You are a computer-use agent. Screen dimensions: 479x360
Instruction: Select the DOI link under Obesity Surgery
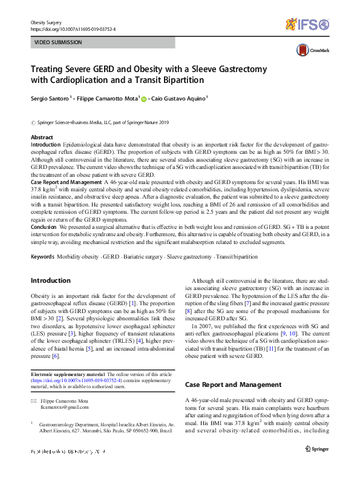[x=73, y=28]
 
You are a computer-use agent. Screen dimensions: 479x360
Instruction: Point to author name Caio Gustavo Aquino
[x=177, y=97]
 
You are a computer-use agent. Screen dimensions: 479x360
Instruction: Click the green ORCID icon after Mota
[x=144, y=97]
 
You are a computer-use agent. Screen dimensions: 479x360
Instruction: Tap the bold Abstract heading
[x=42, y=137]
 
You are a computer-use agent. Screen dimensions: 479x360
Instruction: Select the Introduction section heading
[x=50, y=280]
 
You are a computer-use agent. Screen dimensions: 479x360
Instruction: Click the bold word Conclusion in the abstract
[x=45, y=226]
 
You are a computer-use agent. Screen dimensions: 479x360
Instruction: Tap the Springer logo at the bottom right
[x=316, y=448]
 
